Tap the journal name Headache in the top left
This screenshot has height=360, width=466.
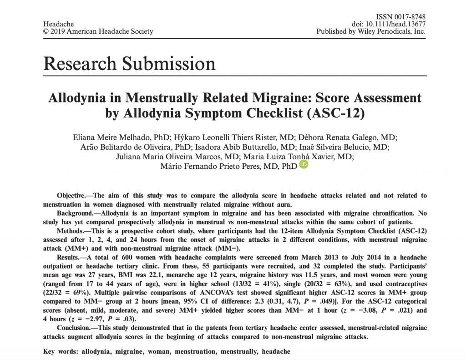coord(58,25)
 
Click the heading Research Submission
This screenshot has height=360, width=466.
coord(129,63)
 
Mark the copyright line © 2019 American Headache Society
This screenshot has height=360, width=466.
coord(98,32)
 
